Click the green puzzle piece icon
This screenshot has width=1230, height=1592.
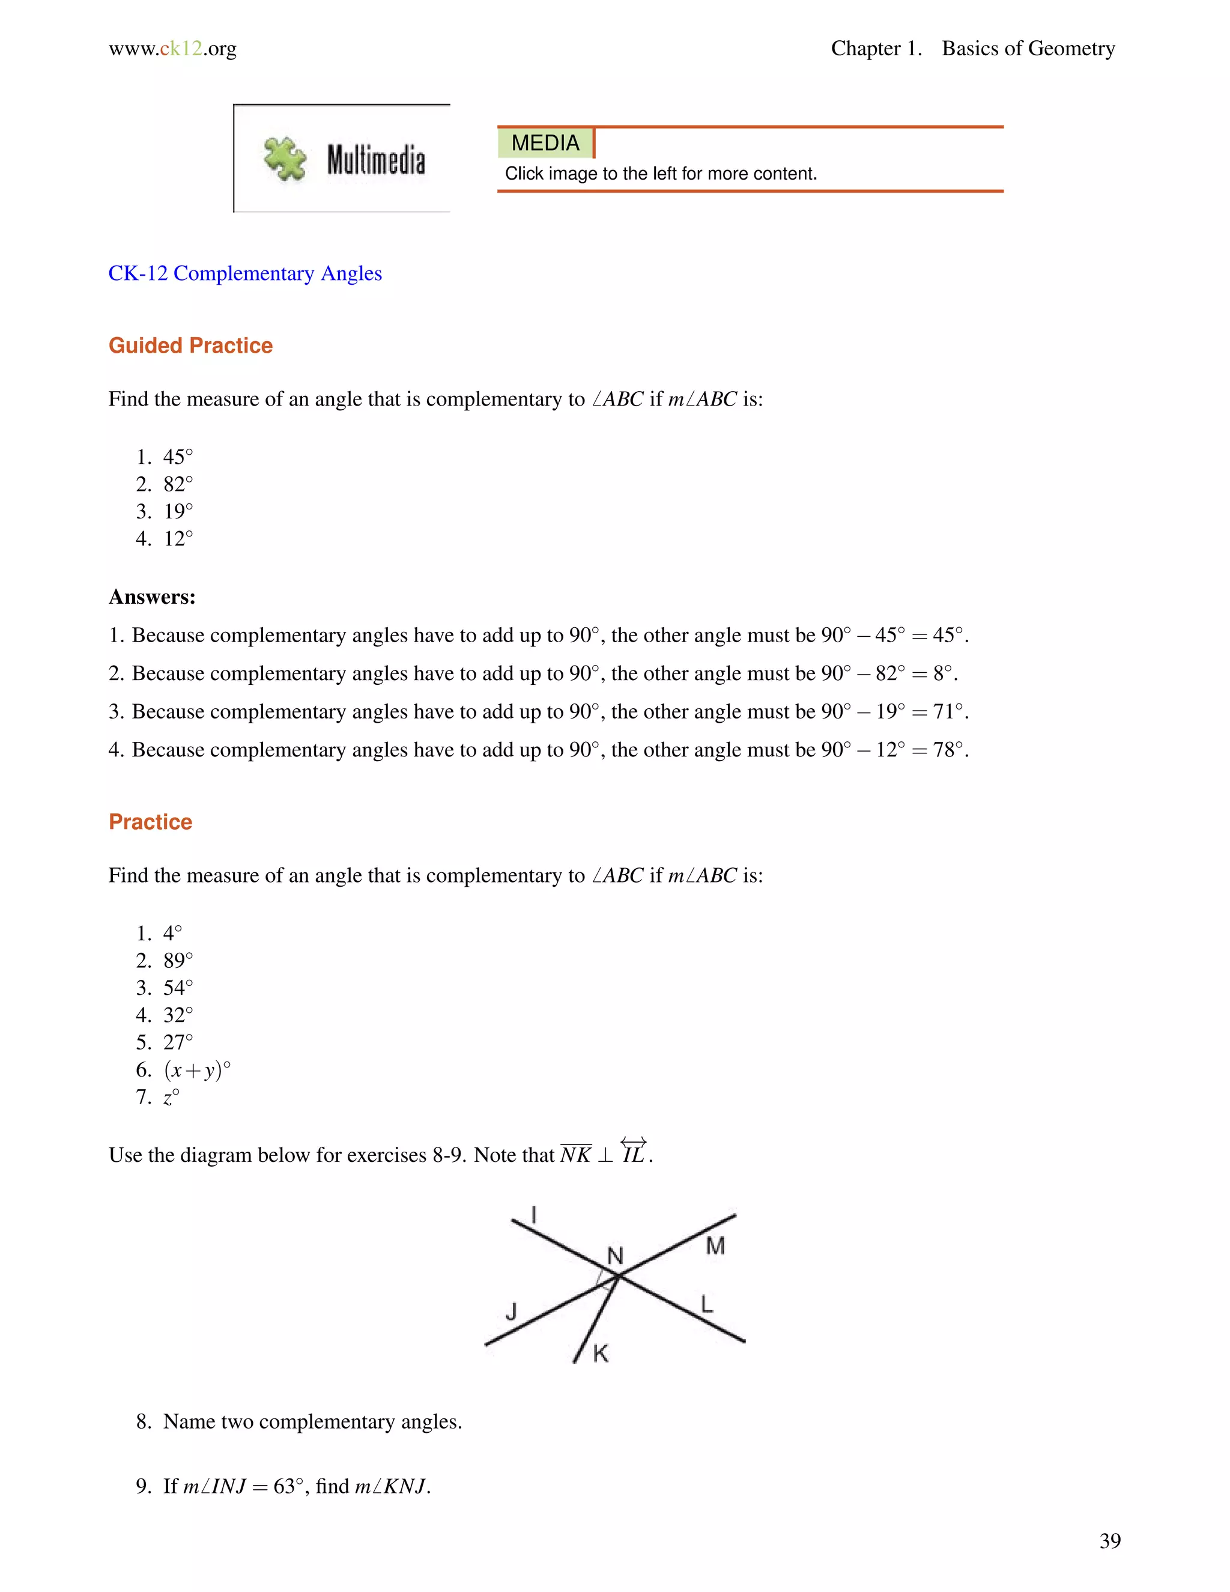pyautogui.click(x=285, y=158)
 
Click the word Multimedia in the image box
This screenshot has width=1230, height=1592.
pyautogui.click(x=375, y=160)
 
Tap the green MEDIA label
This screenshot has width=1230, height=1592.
pyautogui.click(x=545, y=143)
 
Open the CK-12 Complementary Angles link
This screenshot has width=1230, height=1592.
pyautogui.click(x=245, y=273)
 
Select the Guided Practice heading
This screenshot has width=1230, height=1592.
pyautogui.click(x=190, y=345)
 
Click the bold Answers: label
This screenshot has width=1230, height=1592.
pyautogui.click(x=151, y=597)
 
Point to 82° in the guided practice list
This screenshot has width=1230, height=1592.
pyautogui.click(x=178, y=484)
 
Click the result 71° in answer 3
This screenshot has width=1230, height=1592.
pyautogui.click(x=950, y=711)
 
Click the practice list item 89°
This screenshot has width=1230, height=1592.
pyautogui.click(x=178, y=961)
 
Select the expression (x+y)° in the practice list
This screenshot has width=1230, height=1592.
pyautogui.click(x=197, y=1070)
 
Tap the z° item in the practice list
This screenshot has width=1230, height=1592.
pyautogui.click(x=171, y=1097)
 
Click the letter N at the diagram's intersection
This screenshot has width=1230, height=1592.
pyautogui.click(x=615, y=1256)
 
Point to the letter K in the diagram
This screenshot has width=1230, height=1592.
pyautogui.click(x=601, y=1354)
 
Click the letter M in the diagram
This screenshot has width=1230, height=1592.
pyautogui.click(x=715, y=1246)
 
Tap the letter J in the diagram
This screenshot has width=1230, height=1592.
pyautogui.click(x=511, y=1311)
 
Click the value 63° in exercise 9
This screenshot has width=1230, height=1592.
pyautogui.click(x=288, y=1486)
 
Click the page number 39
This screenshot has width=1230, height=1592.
pyautogui.click(x=1110, y=1541)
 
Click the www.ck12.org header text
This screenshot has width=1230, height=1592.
pyautogui.click(x=173, y=49)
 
